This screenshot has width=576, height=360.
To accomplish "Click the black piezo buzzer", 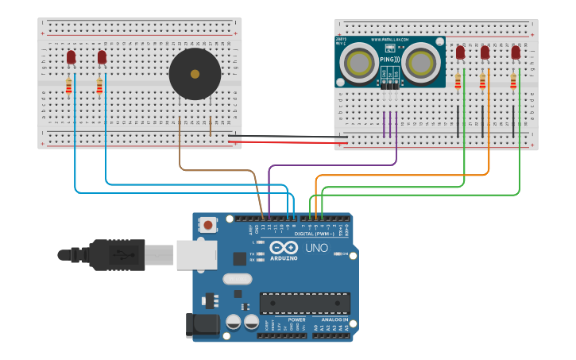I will [x=195, y=74].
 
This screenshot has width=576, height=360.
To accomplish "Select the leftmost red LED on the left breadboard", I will [x=71, y=57].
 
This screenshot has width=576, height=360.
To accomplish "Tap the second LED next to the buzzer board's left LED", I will [x=102, y=57].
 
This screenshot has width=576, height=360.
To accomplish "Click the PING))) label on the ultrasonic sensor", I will [x=390, y=59].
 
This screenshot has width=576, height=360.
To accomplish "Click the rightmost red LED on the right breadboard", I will [x=516, y=52].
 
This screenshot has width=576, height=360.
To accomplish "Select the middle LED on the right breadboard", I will [x=485, y=52].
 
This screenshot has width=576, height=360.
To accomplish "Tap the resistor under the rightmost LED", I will [x=513, y=81].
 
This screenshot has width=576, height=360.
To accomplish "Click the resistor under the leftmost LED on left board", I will [x=69, y=86].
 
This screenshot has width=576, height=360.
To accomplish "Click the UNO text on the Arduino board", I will [x=316, y=249].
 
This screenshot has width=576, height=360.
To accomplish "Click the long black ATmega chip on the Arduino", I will [x=304, y=303].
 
